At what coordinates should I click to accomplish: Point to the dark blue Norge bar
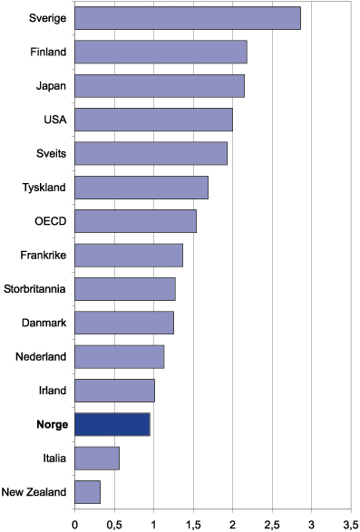click(x=112, y=424)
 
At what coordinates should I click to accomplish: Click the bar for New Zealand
click(x=87, y=492)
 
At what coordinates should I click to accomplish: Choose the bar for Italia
click(x=96, y=459)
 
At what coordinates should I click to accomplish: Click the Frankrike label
click(x=44, y=256)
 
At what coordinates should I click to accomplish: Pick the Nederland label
click(x=42, y=357)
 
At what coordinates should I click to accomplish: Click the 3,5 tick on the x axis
click(x=349, y=523)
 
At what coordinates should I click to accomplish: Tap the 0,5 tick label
click(x=113, y=523)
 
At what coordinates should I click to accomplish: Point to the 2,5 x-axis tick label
click(x=271, y=523)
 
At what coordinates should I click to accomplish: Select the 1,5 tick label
click(x=192, y=523)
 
